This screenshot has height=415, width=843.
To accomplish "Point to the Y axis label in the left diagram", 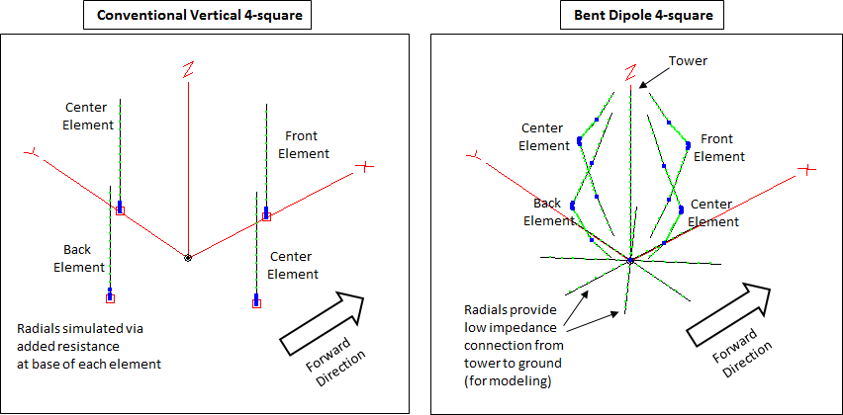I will click(32, 152).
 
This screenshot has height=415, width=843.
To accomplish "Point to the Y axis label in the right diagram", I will click(476, 155).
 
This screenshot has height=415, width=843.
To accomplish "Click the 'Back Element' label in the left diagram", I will click(78, 259).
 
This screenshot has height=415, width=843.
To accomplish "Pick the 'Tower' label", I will click(689, 61).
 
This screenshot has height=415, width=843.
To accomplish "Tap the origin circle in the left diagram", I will click(187, 258).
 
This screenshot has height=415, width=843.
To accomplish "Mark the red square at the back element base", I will click(110, 297).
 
